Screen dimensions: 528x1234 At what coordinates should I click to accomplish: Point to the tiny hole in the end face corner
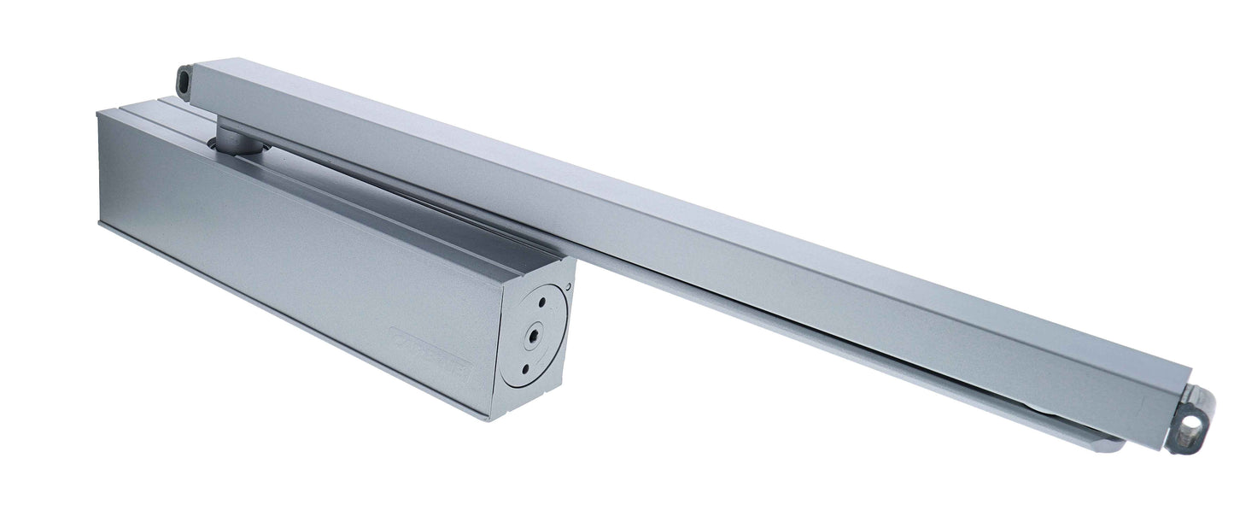[x=567, y=287]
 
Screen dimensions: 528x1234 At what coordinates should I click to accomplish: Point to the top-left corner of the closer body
[x=100, y=112]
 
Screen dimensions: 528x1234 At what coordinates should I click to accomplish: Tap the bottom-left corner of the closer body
[x=100, y=224]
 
